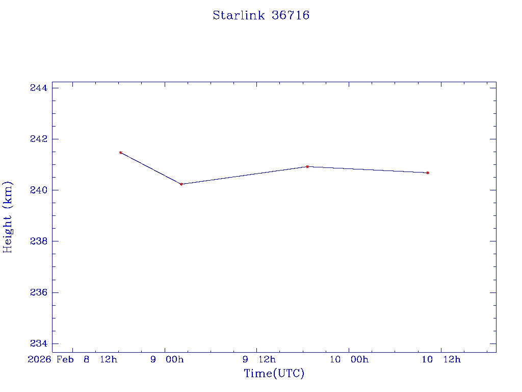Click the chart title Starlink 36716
(x=261, y=15)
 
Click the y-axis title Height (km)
(x=8, y=217)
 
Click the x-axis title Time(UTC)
(x=274, y=374)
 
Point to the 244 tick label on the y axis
(x=39, y=88)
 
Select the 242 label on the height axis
(x=39, y=139)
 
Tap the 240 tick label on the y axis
(x=39, y=190)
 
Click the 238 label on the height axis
(x=39, y=241)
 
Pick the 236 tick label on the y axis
(x=39, y=292)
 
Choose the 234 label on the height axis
(x=39, y=344)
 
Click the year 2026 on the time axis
(x=40, y=360)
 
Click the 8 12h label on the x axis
(x=100, y=360)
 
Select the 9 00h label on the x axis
(x=167, y=360)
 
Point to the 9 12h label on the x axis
(x=259, y=360)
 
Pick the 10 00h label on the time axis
(x=349, y=360)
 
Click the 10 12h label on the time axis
(x=441, y=360)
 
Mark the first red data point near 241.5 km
(x=121, y=153)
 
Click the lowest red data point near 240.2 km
(x=181, y=184)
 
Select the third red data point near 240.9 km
(x=307, y=166)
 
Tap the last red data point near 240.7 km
(x=428, y=173)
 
